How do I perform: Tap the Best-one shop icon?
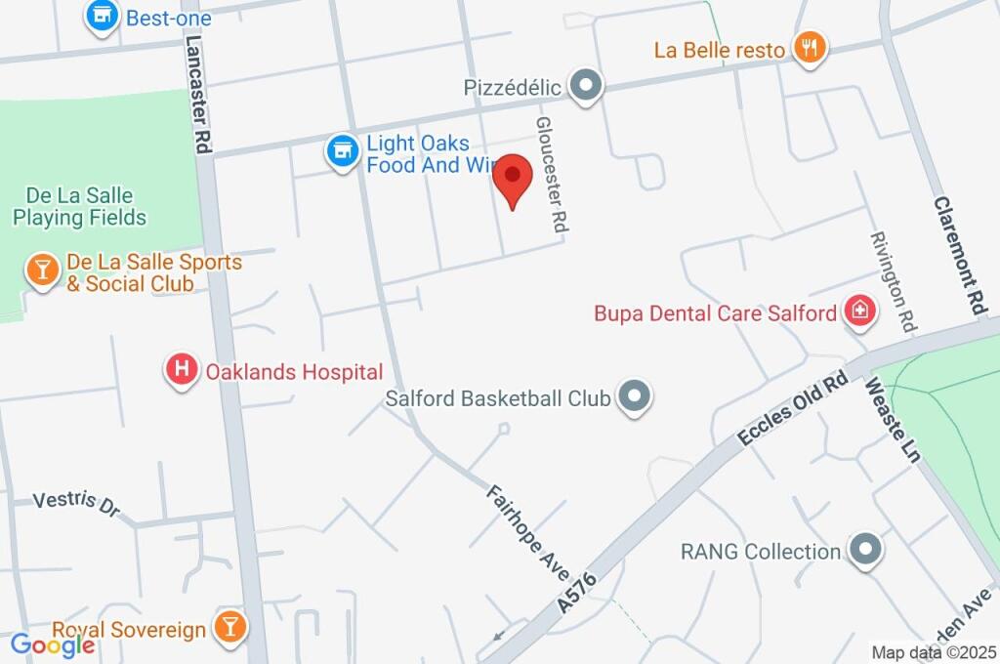point(102,17)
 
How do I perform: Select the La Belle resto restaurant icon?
point(809,47)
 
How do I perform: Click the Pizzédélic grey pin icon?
point(586,86)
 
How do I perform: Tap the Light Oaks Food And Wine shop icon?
point(341,152)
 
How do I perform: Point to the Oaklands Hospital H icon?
point(181,370)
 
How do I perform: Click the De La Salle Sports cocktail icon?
point(42,270)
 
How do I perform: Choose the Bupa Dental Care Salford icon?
point(860,311)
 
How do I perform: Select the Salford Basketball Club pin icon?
point(636,396)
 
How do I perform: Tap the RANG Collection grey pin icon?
point(865,550)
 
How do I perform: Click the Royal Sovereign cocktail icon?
point(229,627)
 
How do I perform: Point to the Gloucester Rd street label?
point(552,175)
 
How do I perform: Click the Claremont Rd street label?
point(959,255)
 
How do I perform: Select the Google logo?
point(53,644)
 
